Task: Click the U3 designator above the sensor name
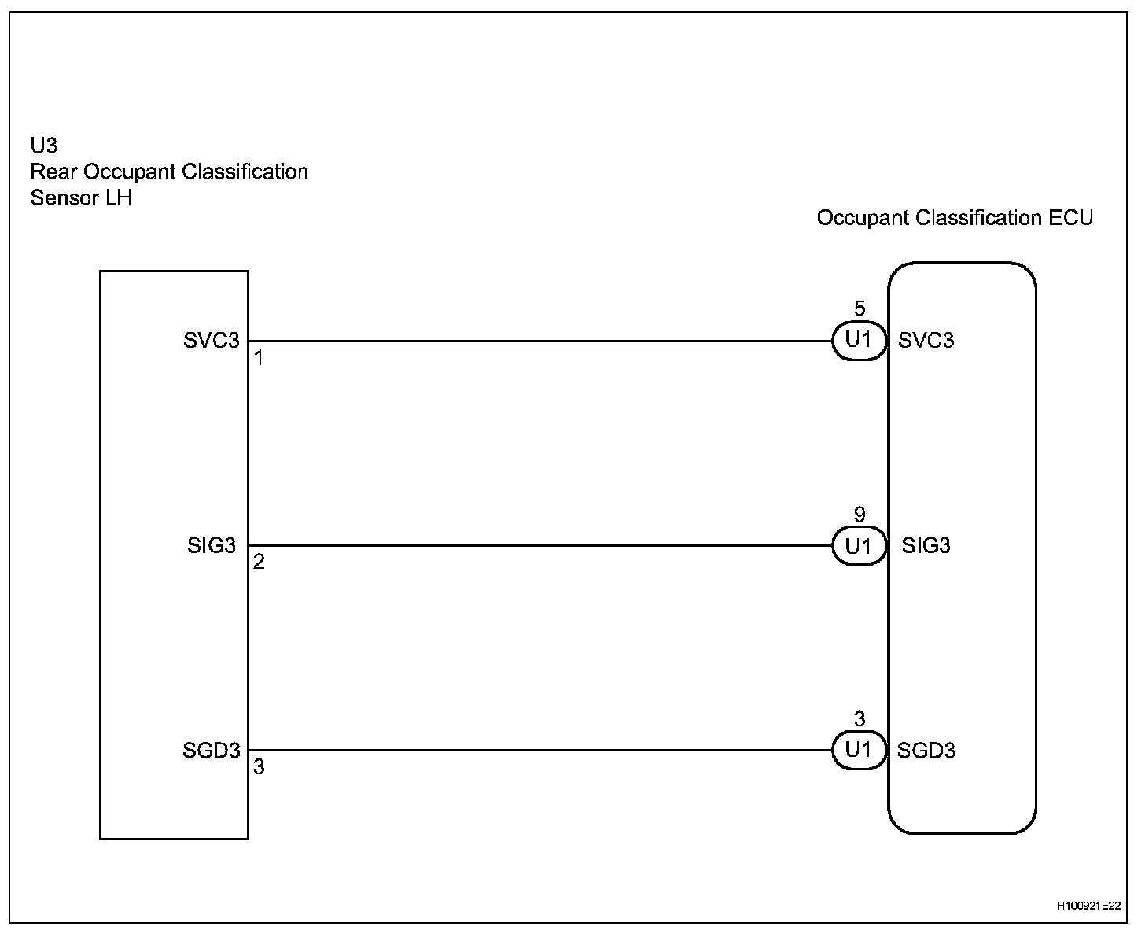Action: tap(44, 146)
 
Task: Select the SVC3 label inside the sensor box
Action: tap(211, 341)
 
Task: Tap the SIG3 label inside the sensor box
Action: tap(212, 545)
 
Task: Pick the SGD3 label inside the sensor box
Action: tap(211, 751)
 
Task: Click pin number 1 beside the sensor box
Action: tap(259, 359)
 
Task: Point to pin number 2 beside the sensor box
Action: tap(259, 563)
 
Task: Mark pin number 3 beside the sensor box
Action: tap(259, 767)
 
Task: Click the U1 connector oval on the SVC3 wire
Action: tap(859, 341)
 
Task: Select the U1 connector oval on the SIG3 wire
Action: tap(859, 546)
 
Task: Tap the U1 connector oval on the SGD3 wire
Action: tap(859, 751)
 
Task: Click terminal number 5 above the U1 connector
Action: tap(860, 308)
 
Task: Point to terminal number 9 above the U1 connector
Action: tap(860, 515)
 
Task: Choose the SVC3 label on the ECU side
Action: tap(926, 341)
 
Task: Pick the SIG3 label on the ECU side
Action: tap(926, 545)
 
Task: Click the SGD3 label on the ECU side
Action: tap(926, 751)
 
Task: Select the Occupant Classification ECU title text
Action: tap(955, 218)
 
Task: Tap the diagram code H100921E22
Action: tap(1088, 906)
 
